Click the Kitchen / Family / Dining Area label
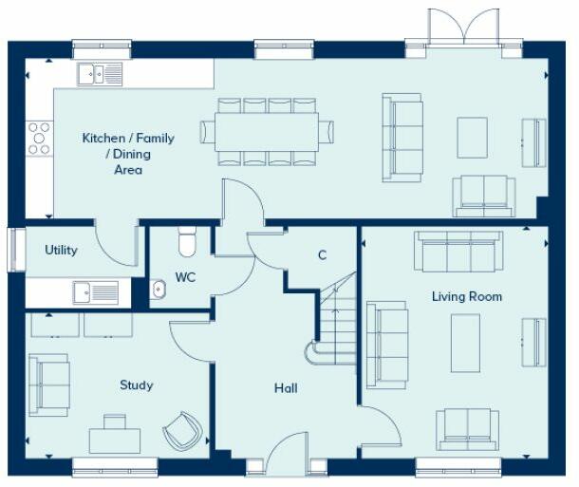point(128,154)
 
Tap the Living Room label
point(467,297)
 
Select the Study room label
point(136,385)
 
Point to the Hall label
point(286,388)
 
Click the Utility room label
point(62,251)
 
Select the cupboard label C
point(323,255)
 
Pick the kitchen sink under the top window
point(93,73)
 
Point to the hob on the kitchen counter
point(39,138)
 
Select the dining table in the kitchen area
point(267,131)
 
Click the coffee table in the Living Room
point(465,343)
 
